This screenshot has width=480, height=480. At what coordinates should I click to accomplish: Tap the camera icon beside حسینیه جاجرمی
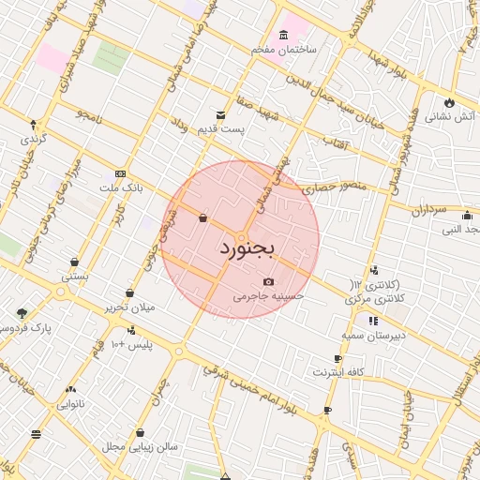click(x=269, y=282)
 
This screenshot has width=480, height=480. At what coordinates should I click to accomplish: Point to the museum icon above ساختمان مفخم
click(x=283, y=34)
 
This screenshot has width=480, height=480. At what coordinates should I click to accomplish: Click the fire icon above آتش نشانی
click(x=450, y=101)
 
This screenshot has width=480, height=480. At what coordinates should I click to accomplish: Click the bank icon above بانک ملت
click(x=119, y=173)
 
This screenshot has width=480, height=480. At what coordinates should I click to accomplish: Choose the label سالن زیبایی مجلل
click(x=140, y=447)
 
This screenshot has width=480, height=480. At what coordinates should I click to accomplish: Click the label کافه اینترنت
click(x=337, y=373)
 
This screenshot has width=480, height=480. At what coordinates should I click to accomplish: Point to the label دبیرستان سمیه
click(x=372, y=335)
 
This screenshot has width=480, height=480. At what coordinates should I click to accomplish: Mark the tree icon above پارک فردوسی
click(x=22, y=313)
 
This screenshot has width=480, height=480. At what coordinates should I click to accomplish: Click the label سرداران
click(x=432, y=210)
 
